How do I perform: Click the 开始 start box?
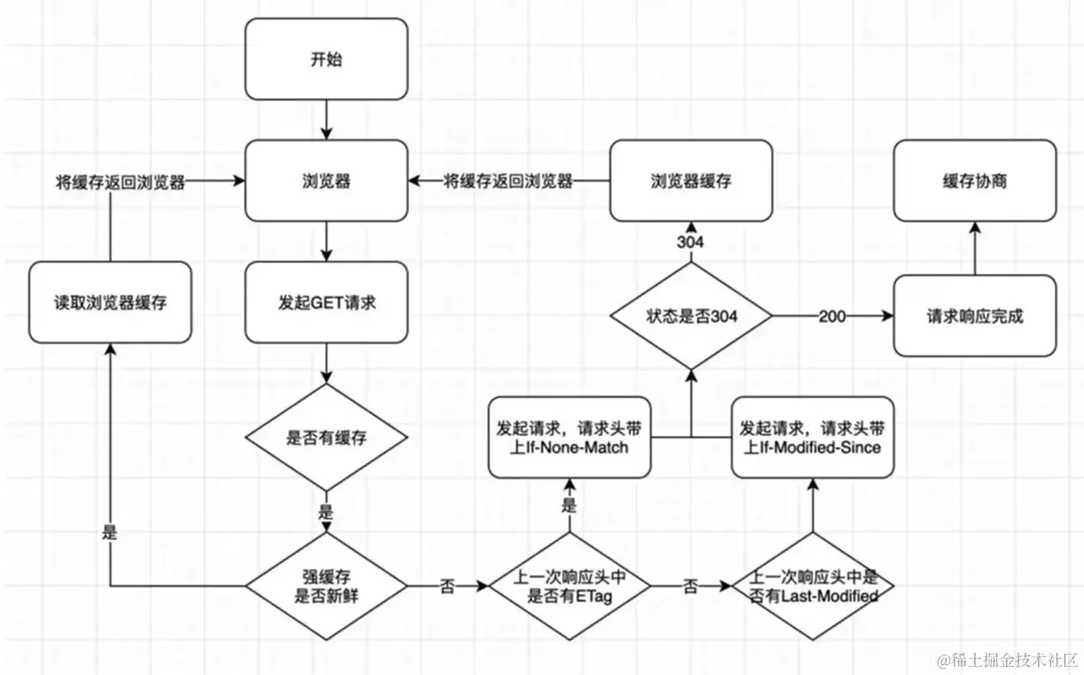[x=326, y=59]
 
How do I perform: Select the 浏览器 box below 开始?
[x=326, y=180]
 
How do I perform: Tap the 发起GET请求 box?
[x=326, y=302]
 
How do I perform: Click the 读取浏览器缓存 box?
[x=110, y=302]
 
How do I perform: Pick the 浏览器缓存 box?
[x=691, y=180]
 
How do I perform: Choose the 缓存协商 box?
[x=975, y=180]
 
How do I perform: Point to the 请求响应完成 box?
[x=975, y=316]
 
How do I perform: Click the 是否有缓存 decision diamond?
[x=326, y=437]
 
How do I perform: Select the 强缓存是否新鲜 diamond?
[x=326, y=586]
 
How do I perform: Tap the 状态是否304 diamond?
[x=691, y=316]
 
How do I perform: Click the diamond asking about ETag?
[x=569, y=586]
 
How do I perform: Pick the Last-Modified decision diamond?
[x=813, y=586]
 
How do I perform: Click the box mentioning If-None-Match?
[x=569, y=437]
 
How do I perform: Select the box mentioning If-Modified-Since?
[x=813, y=437]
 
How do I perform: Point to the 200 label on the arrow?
[x=832, y=317]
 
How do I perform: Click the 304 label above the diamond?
[x=690, y=242]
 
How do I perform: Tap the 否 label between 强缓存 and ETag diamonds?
[x=447, y=586]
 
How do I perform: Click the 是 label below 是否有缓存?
[x=326, y=512]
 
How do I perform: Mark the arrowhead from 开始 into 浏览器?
[x=326, y=134]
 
